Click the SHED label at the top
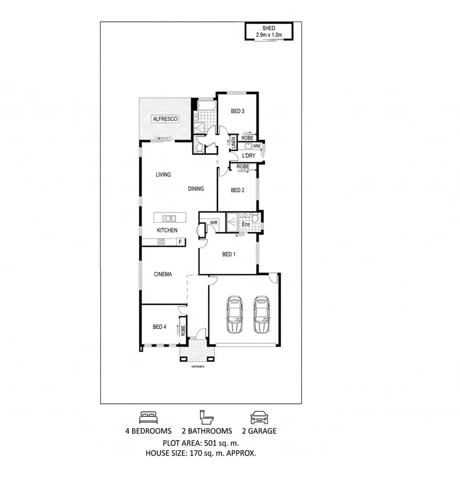269,28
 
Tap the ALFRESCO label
165,119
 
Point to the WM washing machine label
256,146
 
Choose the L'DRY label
248,156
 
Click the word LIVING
163,174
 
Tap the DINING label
196,189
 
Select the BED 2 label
237,190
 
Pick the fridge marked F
180,242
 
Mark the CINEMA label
163,274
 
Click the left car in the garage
235,315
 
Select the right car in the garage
261,315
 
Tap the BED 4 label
159,327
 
